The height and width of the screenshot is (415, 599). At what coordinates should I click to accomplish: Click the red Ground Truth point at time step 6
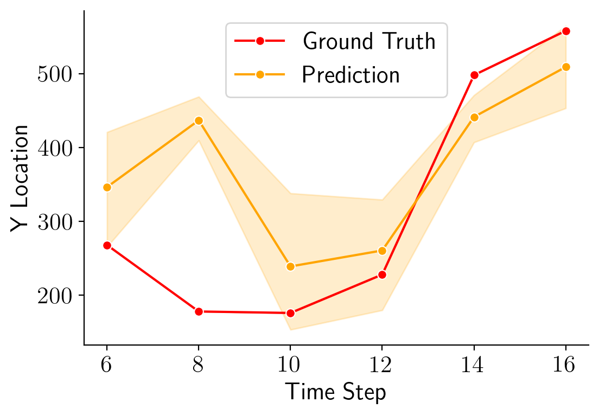coord(107,245)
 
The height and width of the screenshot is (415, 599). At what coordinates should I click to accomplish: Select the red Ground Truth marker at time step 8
coord(199,311)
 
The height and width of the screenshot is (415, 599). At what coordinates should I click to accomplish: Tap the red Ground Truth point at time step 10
coord(290,313)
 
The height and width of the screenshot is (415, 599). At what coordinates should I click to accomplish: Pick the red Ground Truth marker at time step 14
coord(474,75)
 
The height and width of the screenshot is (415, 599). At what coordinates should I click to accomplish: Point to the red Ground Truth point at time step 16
coord(566,31)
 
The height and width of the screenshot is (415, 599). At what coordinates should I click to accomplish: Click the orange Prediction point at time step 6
coord(107,187)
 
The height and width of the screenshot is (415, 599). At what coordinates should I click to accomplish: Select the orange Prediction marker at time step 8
coord(199,120)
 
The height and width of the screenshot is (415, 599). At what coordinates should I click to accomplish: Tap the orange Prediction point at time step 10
coord(290,266)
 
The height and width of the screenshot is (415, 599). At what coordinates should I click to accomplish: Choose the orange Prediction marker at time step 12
coord(382,251)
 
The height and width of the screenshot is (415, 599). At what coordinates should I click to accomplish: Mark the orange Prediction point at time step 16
coord(566,67)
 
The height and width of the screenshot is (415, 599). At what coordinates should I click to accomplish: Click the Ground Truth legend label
coord(369,41)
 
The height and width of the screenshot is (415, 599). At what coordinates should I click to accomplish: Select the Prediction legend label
coord(351,75)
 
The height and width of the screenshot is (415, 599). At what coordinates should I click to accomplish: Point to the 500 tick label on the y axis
coord(56,74)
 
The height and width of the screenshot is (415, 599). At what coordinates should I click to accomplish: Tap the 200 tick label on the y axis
coord(56,296)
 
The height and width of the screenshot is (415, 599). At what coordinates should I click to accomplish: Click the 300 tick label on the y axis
coord(56,222)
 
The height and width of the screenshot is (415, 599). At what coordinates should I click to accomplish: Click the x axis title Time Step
coord(336,392)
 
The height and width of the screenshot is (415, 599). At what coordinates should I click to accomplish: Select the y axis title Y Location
coord(21,178)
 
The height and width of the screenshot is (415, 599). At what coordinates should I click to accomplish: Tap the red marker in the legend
coord(260,41)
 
